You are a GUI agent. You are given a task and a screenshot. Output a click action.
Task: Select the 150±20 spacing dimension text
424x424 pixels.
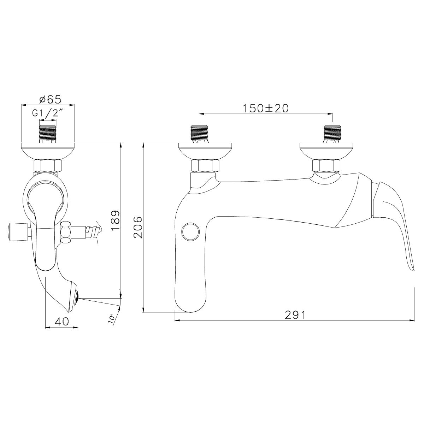click(265, 108)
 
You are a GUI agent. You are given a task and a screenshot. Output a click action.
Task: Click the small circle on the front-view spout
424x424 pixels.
click(189, 231)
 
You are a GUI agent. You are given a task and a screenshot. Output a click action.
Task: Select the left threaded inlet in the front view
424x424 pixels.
click(200, 134)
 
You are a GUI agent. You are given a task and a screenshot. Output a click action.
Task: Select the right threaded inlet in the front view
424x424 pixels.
click(332, 134)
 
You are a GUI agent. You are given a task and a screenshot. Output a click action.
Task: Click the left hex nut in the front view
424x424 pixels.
click(206, 166)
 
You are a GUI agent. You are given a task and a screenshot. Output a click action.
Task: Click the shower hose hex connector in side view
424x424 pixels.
click(66, 233)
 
